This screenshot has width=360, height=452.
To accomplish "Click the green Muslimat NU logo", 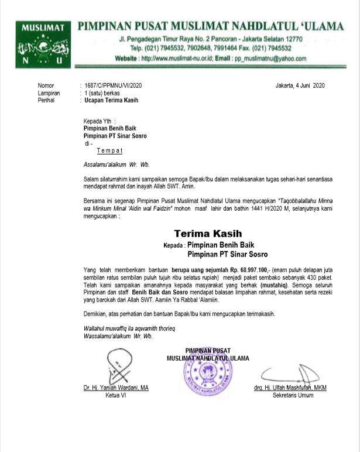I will click(43, 45).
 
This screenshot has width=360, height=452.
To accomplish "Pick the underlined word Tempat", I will click(109, 150).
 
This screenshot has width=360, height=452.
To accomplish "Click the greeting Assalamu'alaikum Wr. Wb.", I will click(116, 165).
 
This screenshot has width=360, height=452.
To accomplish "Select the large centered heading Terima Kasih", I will click(208, 234).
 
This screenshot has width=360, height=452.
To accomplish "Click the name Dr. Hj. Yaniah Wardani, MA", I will click(115, 388).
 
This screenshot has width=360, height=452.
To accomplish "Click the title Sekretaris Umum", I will click(293, 395).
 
